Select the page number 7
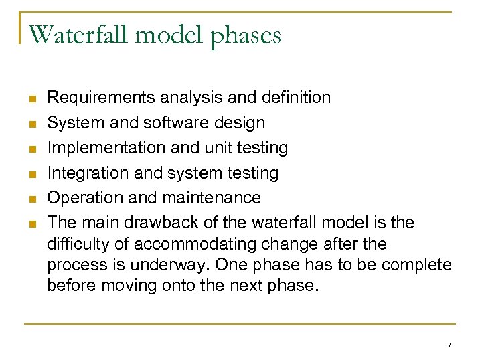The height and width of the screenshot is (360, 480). point(449,345)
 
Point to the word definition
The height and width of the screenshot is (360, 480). point(297,98)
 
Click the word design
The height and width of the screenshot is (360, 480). point(241,124)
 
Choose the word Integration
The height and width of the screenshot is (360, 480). point(81,173)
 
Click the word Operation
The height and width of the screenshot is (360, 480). point(80,198)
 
